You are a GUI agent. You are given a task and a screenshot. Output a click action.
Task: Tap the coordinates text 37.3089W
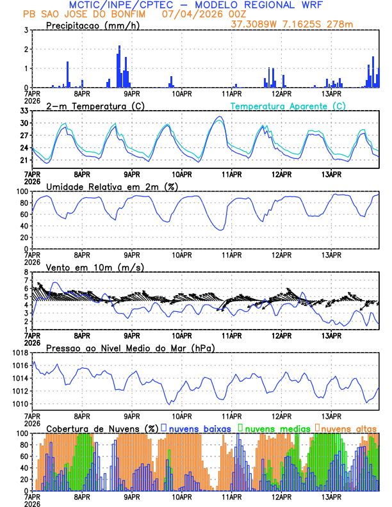point(256,24)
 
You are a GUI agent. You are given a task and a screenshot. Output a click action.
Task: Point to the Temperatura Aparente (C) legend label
point(288,106)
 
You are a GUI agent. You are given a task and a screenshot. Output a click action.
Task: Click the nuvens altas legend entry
point(349,428)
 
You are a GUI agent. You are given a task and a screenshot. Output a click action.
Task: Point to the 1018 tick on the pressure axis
point(20,353)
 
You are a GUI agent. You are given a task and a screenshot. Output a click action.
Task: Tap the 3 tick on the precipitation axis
point(26,30)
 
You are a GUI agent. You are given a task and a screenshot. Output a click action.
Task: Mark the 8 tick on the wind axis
point(26,272)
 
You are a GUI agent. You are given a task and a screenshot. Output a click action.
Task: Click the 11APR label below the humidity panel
point(232,255)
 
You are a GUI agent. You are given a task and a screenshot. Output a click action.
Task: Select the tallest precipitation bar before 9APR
point(119,47)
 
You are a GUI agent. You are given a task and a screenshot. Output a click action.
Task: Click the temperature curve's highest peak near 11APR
point(220,117)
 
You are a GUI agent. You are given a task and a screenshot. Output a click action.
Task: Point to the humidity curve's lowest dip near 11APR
point(221,230)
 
